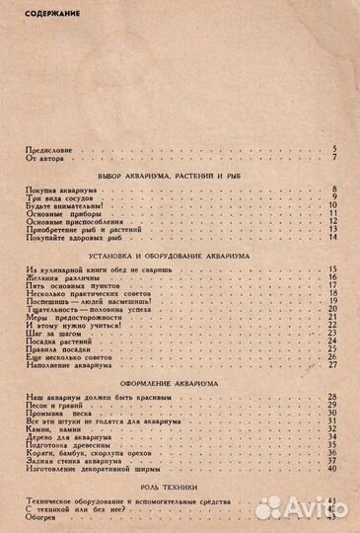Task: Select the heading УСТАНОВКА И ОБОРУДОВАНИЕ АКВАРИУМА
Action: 180,255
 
